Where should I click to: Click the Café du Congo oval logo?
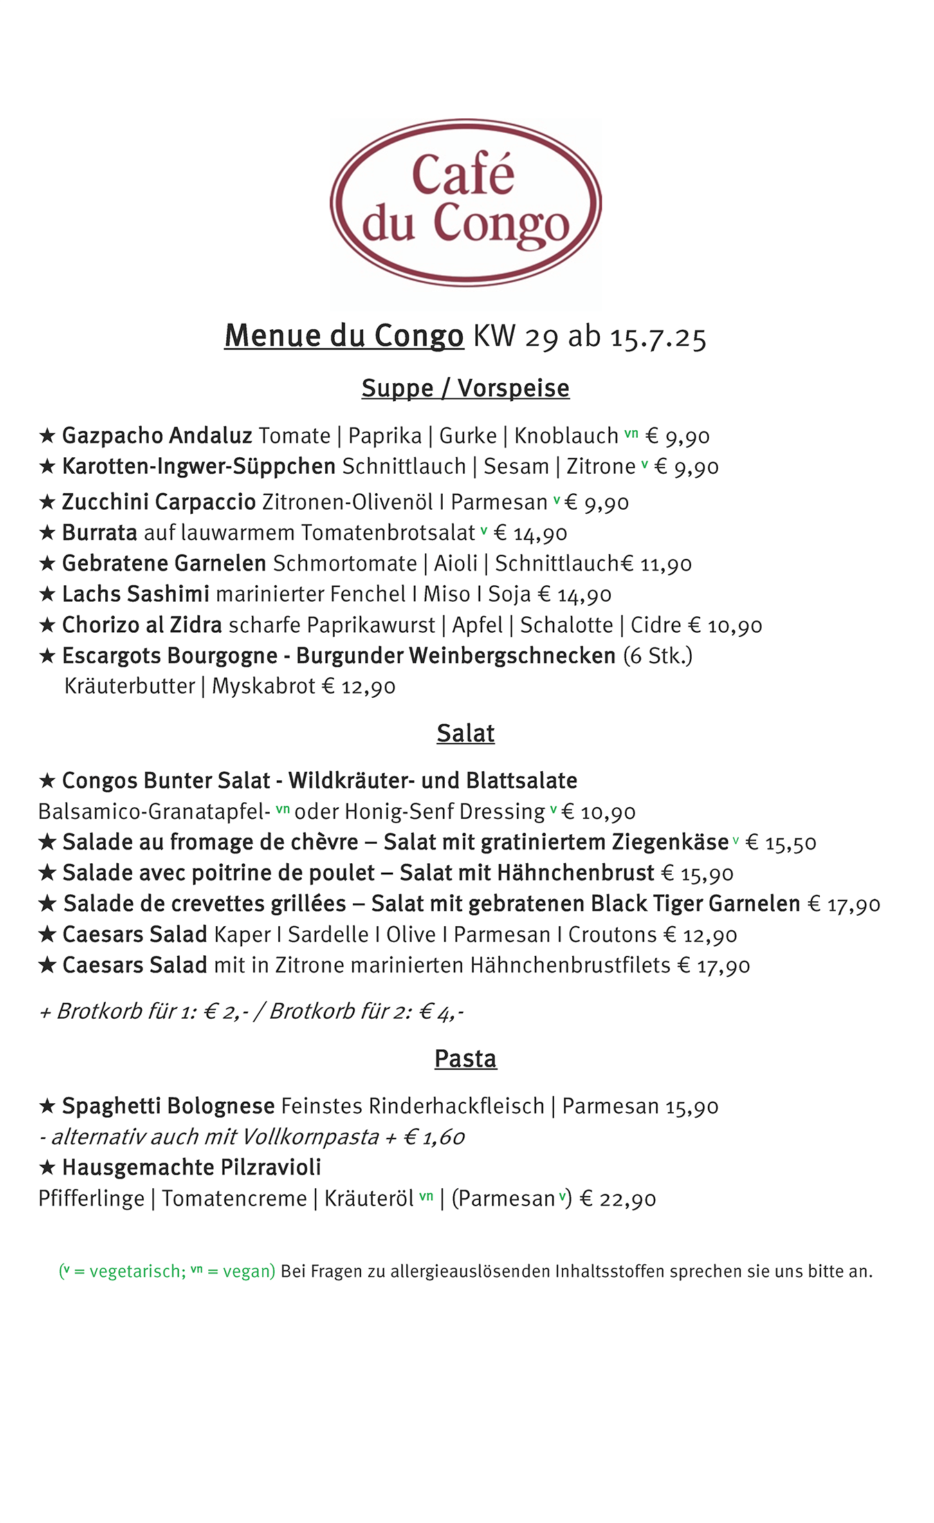(x=466, y=202)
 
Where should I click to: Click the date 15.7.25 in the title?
(x=658, y=337)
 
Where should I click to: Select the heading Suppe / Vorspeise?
(x=466, y=388)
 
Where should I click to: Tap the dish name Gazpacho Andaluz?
(x=157, y=436)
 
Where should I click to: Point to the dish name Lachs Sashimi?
(x=136, y=594)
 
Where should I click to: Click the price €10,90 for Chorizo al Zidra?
(x=725, y=625)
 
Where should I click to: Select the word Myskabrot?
(x=264, y=686)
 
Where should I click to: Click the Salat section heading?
(x=466, y=733)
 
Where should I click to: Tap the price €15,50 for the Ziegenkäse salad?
(x=781, y=842)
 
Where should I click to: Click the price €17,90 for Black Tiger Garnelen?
(x=844, y=904)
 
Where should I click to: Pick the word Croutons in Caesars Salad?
(x=612, y=934)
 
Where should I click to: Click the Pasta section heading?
(x=466, y=1058)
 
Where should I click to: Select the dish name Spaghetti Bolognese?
(x=168, y=1106)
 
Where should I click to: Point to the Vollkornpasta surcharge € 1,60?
(x=434, y=1137)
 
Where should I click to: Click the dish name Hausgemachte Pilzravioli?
(x=192, y=1167)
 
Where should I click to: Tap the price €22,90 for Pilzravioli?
(x=618, y=1199)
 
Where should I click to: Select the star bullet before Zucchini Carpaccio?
(x=47, y=502)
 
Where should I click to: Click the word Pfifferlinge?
(x=91, y=1199)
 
